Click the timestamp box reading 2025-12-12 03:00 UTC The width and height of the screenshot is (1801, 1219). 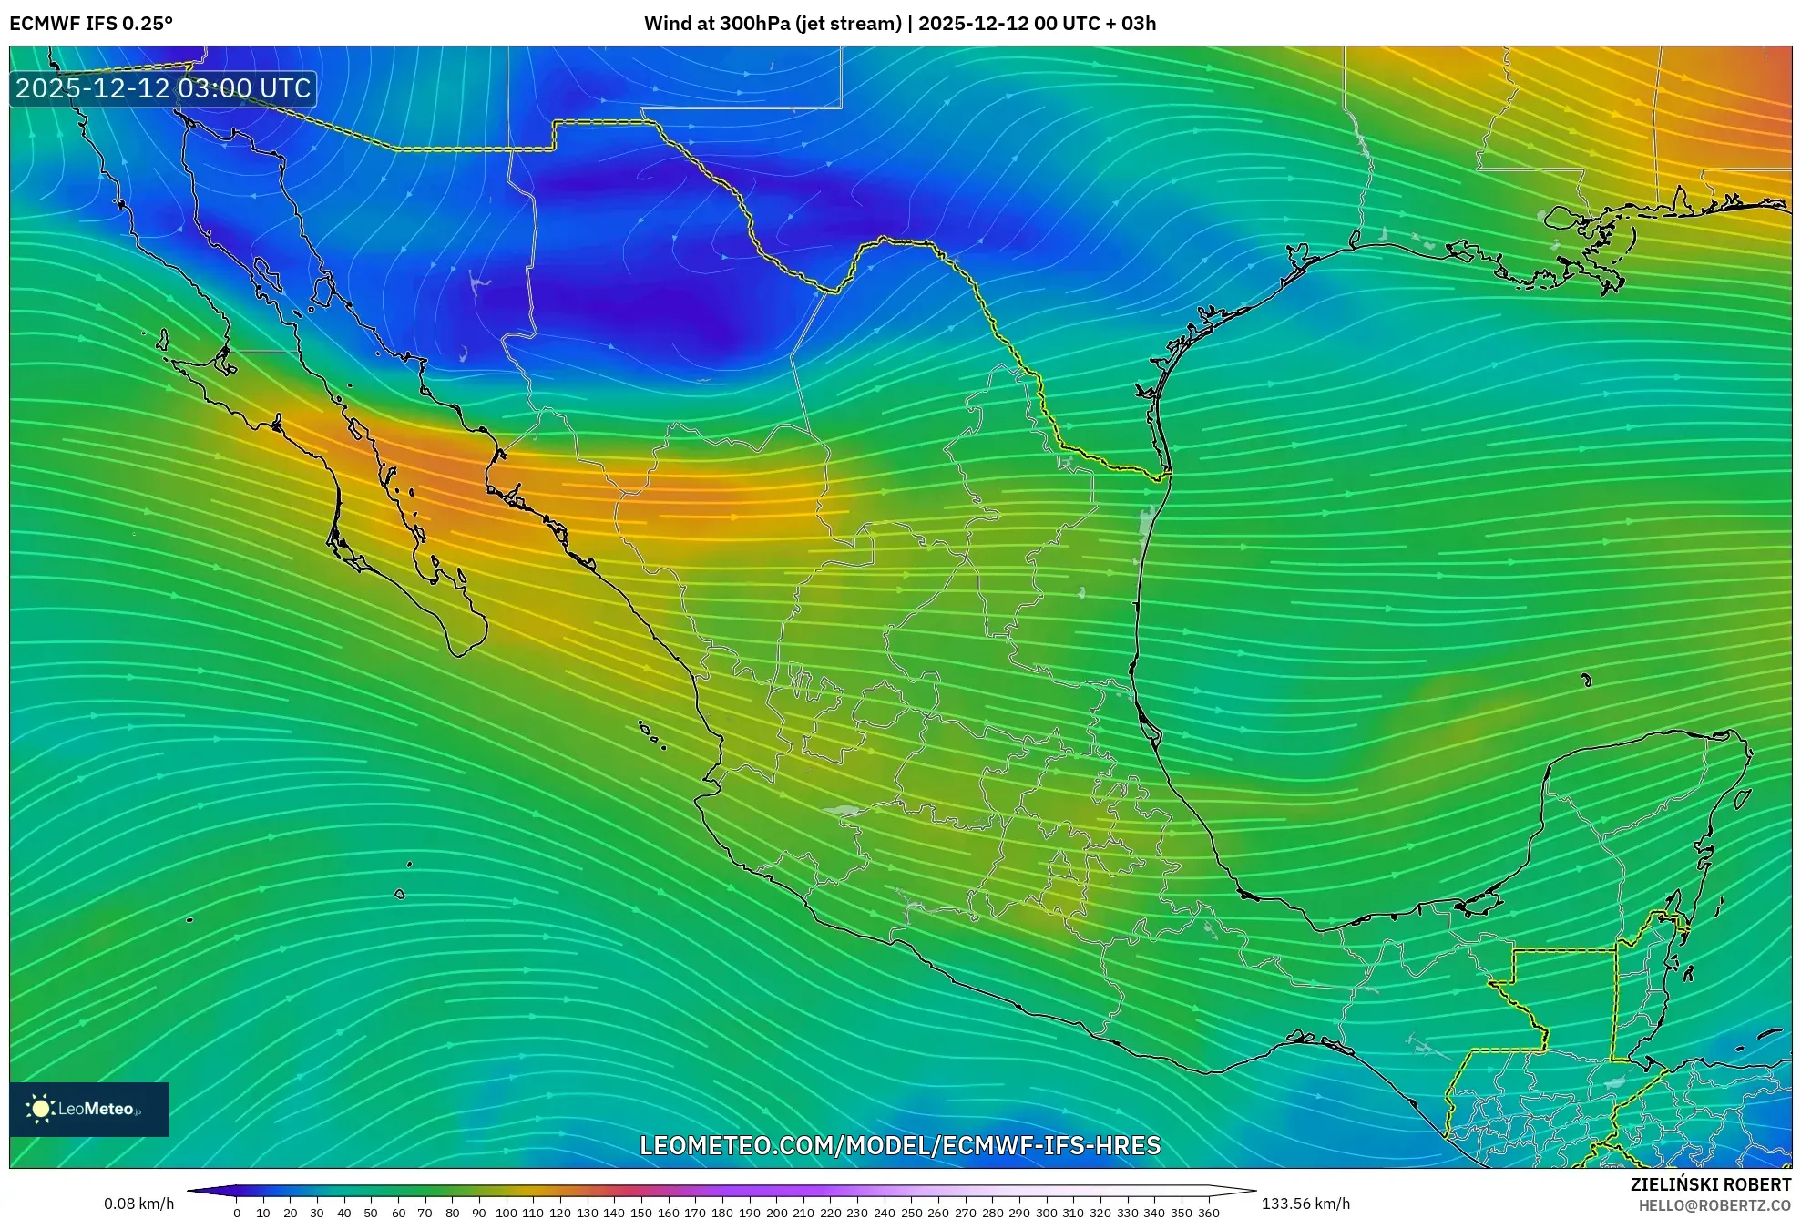coord(163,88)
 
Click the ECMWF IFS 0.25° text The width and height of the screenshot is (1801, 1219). coord(90,24)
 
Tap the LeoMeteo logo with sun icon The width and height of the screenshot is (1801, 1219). coord(88,1109)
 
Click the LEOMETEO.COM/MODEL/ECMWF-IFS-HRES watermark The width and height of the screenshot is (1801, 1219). coord(900,1145)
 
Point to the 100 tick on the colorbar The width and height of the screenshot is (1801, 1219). coord(507,1213)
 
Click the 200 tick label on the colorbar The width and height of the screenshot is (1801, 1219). coord(776,1213)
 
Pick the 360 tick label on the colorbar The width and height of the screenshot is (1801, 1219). coord(1208,1213)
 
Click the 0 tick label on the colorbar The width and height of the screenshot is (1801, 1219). coord(237,1213)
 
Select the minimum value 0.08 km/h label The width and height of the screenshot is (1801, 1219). coord(138,1204)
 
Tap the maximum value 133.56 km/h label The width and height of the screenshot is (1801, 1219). coord(1305,1204)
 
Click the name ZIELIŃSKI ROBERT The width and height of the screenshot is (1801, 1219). coord(1710,1184)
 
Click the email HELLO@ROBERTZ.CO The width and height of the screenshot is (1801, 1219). coord(1714,1205)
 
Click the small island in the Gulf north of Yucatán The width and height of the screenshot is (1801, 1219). coord(1586,680)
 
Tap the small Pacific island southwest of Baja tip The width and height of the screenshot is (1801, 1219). coord(399,894)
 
